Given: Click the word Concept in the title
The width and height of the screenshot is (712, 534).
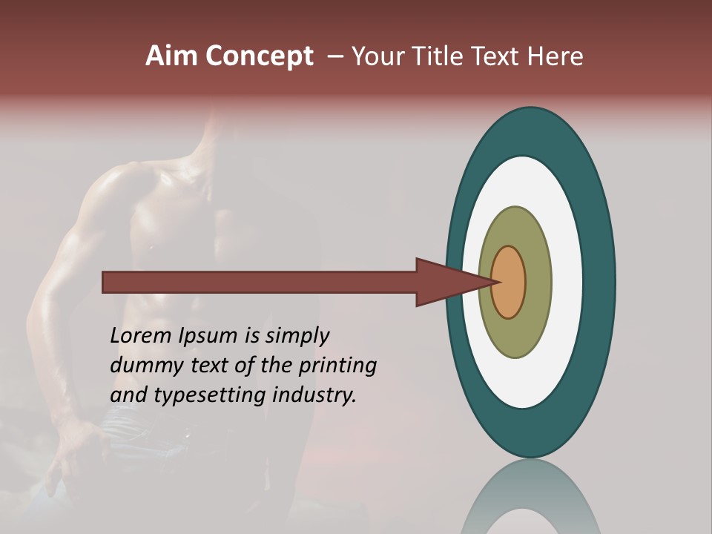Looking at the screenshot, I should (260, 56).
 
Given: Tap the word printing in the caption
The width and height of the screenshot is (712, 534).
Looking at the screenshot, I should (337, 366).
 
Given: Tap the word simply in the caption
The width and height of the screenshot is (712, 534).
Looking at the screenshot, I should (297, 337).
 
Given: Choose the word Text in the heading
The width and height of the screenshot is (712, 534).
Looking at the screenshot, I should (497, 56).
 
